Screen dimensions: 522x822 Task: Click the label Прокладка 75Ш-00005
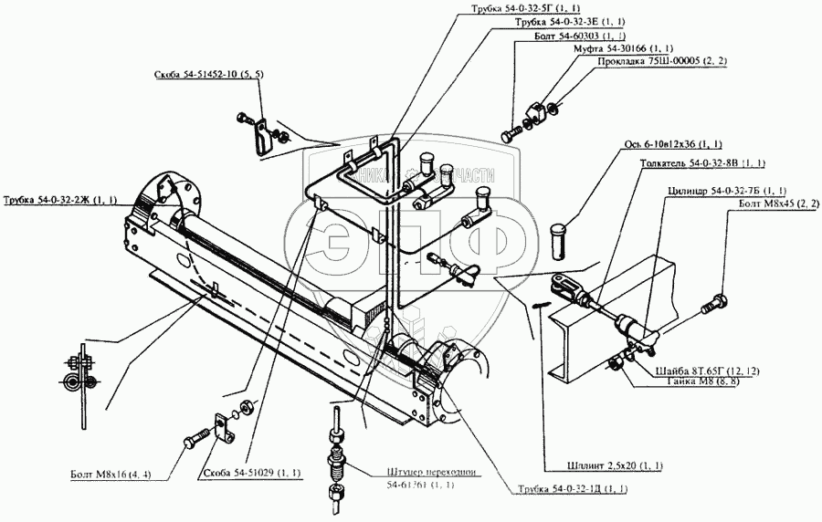(x=648, y=61)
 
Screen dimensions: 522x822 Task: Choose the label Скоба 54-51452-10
(x=209, y=77)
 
